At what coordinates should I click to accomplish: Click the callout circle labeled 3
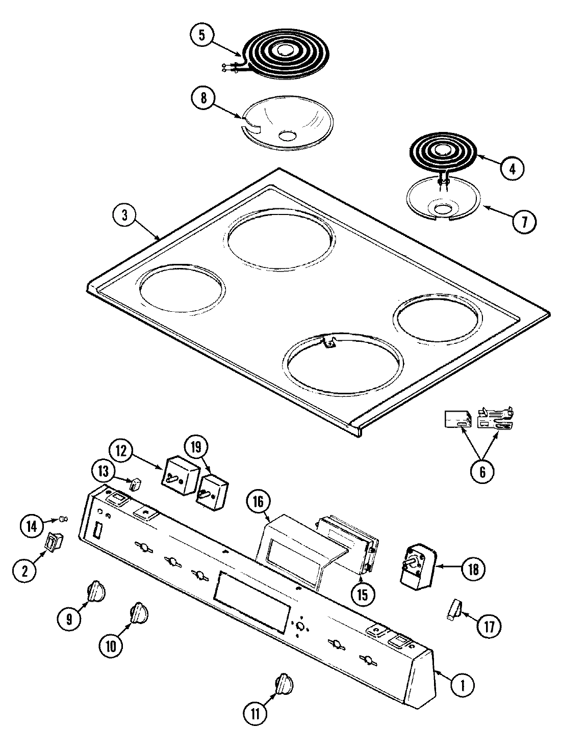point(124,215)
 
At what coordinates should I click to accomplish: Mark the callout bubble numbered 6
point(482,470)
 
